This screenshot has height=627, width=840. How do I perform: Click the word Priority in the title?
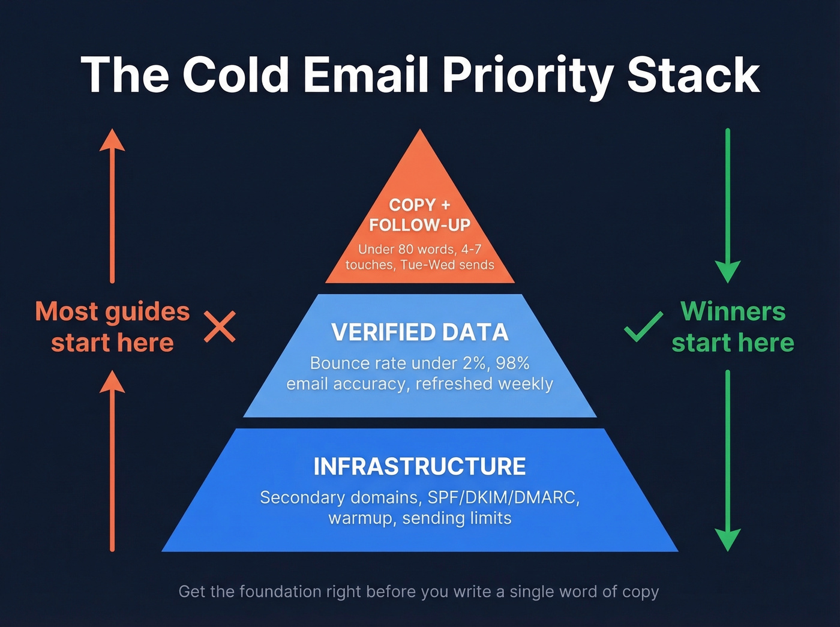coord(527,76)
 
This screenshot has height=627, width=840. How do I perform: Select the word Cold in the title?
coord(236,75)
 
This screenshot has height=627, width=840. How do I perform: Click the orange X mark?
coord(220,326)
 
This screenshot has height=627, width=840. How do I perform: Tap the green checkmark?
coord(643,326)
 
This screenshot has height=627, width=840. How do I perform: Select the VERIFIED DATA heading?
coord(419,332)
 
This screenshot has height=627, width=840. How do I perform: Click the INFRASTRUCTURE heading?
coord(419,466)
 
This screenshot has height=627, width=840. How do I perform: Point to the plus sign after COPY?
coord(445,205)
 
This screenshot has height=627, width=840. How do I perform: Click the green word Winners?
coord(733,311)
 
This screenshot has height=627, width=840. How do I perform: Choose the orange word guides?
coord(147,311)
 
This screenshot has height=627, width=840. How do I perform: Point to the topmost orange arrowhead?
coord(112,140)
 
